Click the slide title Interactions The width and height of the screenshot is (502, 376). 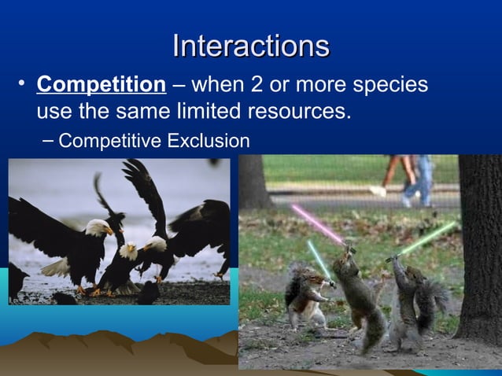[250, 46]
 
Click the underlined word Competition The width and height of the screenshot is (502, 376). [102, 84]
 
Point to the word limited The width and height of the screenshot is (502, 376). [203, 112]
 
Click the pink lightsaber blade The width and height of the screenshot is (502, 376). [317, 224]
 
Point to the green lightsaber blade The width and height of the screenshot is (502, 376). [428, 238]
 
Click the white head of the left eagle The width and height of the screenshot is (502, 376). [98, 227]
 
